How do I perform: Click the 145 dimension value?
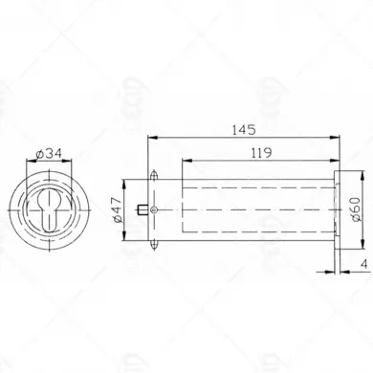244,130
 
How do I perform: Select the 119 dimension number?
261,153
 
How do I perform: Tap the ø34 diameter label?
49,154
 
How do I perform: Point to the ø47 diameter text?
117,209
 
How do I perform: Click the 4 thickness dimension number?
364,264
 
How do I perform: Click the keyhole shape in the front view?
50,210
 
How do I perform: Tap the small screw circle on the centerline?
154,209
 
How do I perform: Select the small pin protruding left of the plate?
143,209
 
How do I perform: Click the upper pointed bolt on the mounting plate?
154,176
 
